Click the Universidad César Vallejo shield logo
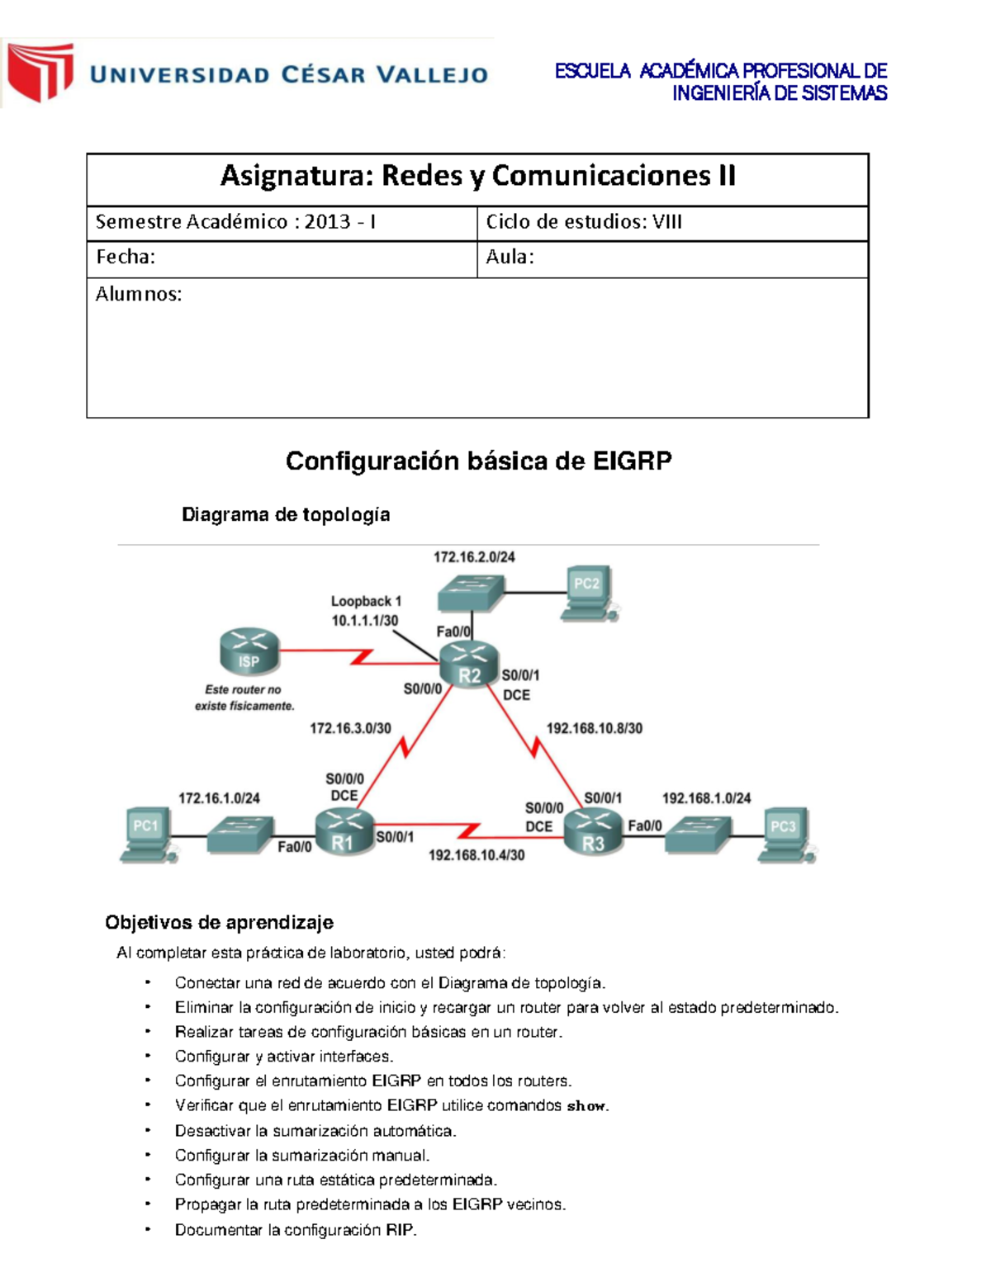tap(40, 73)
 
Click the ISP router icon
tap(249, 651)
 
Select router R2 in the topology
tap(468, 665)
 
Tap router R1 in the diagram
tap(344, 831)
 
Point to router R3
tap(594, 832)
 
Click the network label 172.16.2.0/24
tap(474, 557)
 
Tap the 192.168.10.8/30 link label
tap(594, 728)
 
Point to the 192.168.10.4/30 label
tap(477, 855)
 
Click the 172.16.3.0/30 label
tap(350, 728)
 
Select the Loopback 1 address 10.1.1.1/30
tap(365, 621)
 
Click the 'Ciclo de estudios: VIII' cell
tap(584, 222)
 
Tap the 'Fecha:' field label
tap(126, 258)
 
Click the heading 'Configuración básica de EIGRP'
tap(478, 461)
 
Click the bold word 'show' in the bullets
tap(586, 1106)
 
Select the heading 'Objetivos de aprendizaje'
tap(219, 922)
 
